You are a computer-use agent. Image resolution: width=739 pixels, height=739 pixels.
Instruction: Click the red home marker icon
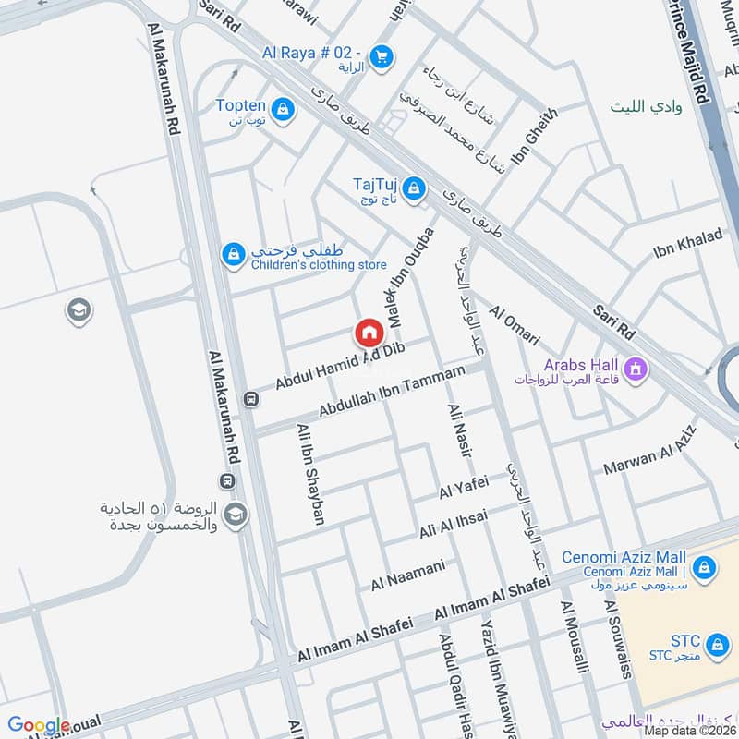pos(368,333)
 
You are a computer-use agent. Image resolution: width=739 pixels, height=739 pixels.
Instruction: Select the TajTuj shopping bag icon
pos(415,188)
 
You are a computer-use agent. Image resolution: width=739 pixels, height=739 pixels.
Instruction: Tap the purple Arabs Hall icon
pos(636,371)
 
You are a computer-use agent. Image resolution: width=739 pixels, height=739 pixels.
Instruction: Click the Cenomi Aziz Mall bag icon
pos(705,567)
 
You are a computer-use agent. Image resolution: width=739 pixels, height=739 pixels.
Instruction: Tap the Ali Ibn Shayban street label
pos(310,475)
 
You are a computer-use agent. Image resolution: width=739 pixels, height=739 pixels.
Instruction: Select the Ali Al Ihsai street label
pos(454,525)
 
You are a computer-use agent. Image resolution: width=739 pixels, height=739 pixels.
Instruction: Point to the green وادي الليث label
pos(647,107)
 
